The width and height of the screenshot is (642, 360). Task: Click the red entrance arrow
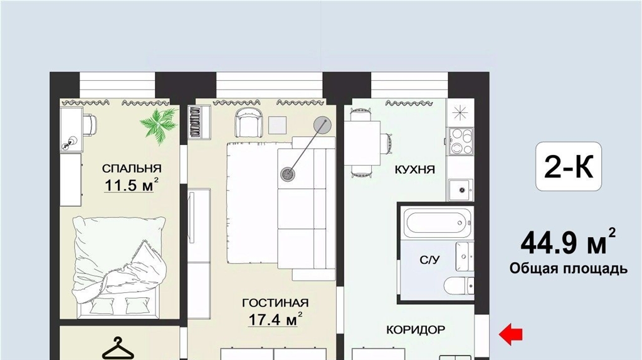coord(510,334)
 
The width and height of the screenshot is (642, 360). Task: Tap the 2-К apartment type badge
coord(569,166)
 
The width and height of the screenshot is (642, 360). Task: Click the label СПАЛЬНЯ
coord(132,168)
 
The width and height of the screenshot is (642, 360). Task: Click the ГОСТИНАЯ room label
coord(275,303)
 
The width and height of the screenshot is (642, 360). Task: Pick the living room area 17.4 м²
coord(275,319)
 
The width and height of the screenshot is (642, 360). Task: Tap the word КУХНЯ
coord(415,169)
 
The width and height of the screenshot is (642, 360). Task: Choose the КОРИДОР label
coord(416,330)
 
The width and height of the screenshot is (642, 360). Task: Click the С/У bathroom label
coord(429,260)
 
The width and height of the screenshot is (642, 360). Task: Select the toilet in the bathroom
coord(459,285)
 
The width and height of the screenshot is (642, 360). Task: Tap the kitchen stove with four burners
coord(461,142)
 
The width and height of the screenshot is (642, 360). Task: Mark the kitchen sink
coord(461,189)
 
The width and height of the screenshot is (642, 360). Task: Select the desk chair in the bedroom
coord(90,125)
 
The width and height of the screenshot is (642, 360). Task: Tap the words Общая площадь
coord(568,268)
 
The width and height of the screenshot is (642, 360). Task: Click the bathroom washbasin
coord(465,257)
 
